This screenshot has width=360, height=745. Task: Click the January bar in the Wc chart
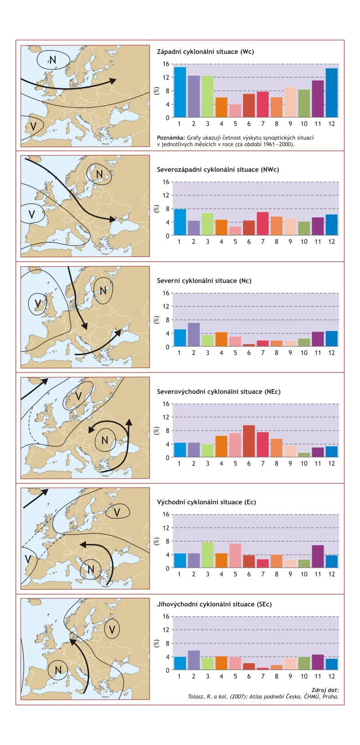pos(180,92)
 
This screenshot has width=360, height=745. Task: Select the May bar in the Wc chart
pos(235,111)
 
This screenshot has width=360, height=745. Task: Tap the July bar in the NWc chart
pos(263,224)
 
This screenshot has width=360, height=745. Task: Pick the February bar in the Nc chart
pos(193,335)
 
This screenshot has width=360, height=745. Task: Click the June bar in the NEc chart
pos(249,441)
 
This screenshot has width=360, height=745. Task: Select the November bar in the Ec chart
pos(318,557)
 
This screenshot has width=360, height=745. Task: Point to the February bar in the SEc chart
pos(193,660)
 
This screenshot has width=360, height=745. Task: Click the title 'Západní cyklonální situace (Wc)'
pos(205,52)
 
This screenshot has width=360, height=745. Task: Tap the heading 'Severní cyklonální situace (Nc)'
pos(204,281)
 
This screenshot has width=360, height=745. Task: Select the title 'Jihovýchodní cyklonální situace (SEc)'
pos(214,604)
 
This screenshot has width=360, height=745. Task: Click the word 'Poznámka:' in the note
pos(171,138)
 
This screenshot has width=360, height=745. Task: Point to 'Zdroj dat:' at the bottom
pos(325,690)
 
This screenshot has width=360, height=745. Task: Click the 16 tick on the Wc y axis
pos(166,64)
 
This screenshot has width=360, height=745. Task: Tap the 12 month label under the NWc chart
pos(331,242)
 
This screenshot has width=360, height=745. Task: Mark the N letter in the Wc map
pos(53,60)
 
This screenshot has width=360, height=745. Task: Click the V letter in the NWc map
pos(31,214)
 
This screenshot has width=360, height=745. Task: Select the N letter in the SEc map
pos(58,670)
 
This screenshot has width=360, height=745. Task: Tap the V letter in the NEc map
pos(78,396)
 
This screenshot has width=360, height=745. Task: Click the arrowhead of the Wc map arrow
pos(113,81)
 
